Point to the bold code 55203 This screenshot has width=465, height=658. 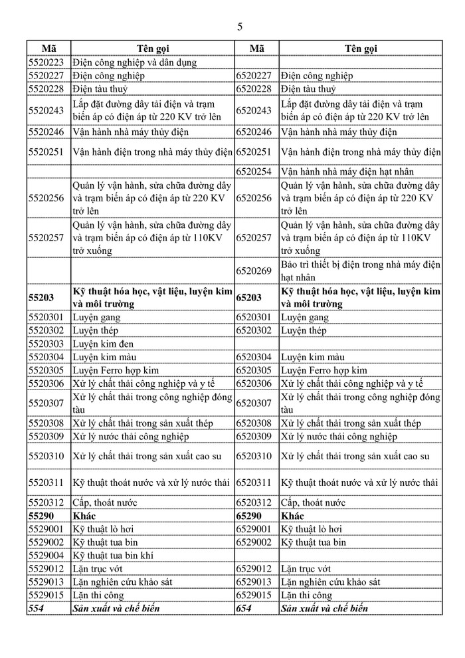pos(41,298)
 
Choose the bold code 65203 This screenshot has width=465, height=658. pos(250,298)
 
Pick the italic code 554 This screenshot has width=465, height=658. pos(36,608)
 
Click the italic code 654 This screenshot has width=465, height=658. pos(244,608)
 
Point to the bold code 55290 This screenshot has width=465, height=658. pos(41,515)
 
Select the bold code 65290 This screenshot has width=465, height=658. pos(250,515)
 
